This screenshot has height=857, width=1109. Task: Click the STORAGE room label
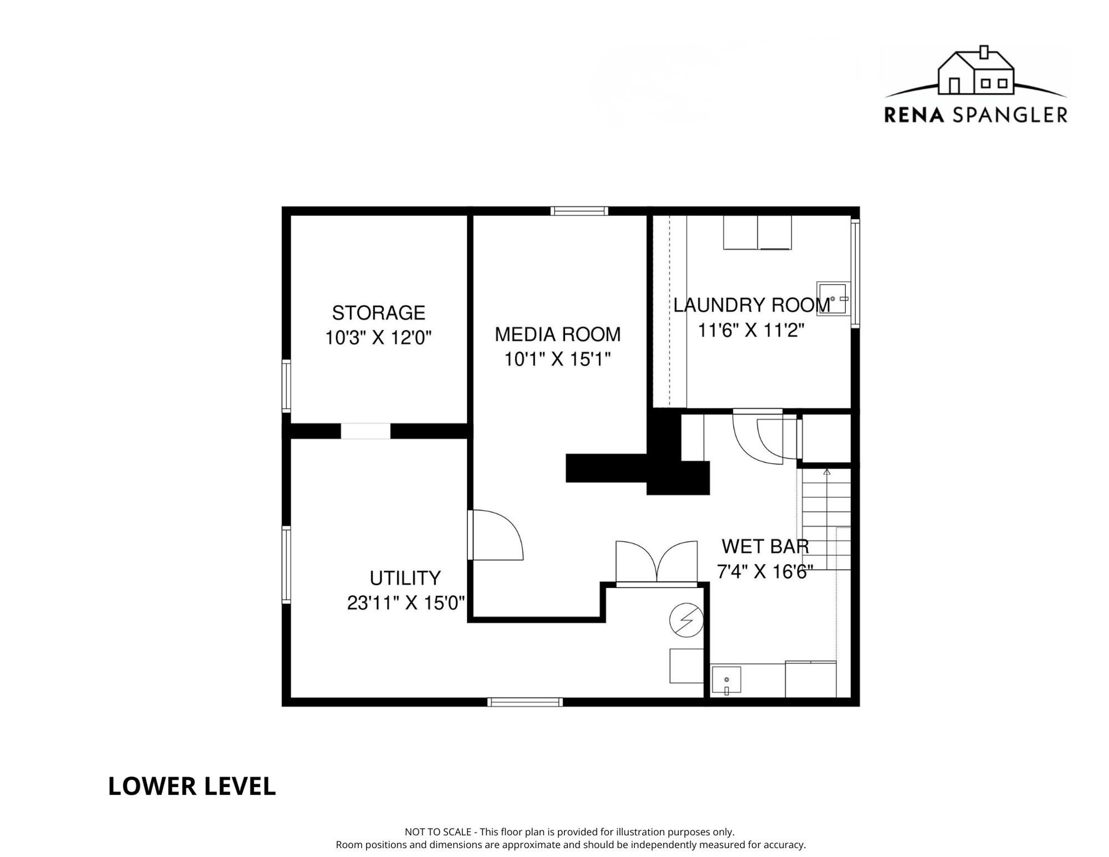click(x=378, y=313)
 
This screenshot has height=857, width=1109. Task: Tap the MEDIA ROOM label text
click(x=557, y=335)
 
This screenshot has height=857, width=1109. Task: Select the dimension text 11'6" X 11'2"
click(x=751, y=331)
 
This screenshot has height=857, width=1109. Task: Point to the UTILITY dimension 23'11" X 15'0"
click(x=406, y=603)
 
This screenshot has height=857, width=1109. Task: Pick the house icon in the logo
click(x=976, y=71)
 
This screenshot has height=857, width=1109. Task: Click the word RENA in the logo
click(x=914, y=115)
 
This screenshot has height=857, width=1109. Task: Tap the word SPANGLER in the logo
click(x=1010, y=115)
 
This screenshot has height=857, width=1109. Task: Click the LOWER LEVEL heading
click(x=191, y=787)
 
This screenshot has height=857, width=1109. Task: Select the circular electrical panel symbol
click(x=686, y=620)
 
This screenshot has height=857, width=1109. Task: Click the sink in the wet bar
click(x=726, y=680)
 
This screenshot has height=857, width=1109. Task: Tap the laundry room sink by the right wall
click(x=833, y=299)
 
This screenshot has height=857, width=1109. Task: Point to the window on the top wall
click(x=579, y=211)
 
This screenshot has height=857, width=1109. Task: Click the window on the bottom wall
click(x=524, y=702)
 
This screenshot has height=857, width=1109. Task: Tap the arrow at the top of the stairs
click(x=827, y=472)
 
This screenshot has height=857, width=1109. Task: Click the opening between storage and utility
click(x=365, y=431)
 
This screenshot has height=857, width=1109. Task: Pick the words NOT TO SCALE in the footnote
click(x=437, y=832)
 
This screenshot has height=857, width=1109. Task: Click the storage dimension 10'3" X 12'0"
click(x=378, y=338)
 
